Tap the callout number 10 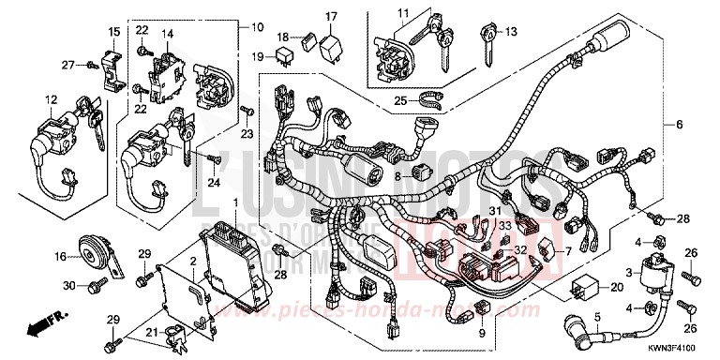[257, 25]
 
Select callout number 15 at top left [113, 33]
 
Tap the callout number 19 [284, 56]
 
